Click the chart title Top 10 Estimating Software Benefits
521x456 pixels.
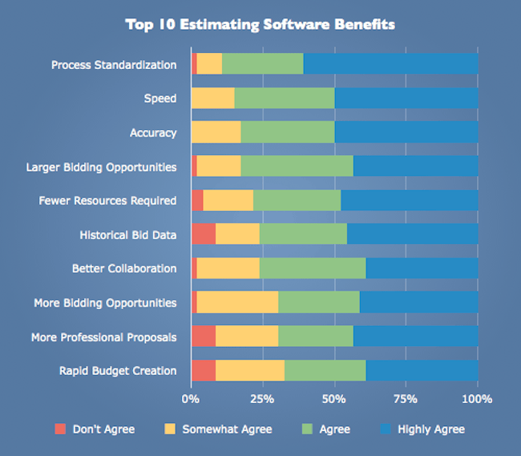click(260, 24)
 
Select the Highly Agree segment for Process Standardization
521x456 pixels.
click(390, 63)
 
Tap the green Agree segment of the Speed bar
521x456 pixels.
click(285, 98)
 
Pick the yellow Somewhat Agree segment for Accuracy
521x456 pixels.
click(216, 132)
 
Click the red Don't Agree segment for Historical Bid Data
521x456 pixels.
click(204, 234)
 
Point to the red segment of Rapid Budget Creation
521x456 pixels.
click(204, 370)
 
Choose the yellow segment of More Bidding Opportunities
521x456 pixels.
click(237, 302)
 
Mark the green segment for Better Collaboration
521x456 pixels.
click(313, 268)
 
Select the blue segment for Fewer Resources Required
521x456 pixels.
click(410, 200)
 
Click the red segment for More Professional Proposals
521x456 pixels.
click(204, 336)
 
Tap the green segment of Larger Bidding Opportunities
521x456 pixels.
click(297, 166)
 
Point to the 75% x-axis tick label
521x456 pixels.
click(406, 398)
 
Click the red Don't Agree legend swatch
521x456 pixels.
click(60, 429)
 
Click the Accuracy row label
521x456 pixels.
click(153, 132)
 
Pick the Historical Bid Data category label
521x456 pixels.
click(128, 234)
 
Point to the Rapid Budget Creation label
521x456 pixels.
click(118, 371)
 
